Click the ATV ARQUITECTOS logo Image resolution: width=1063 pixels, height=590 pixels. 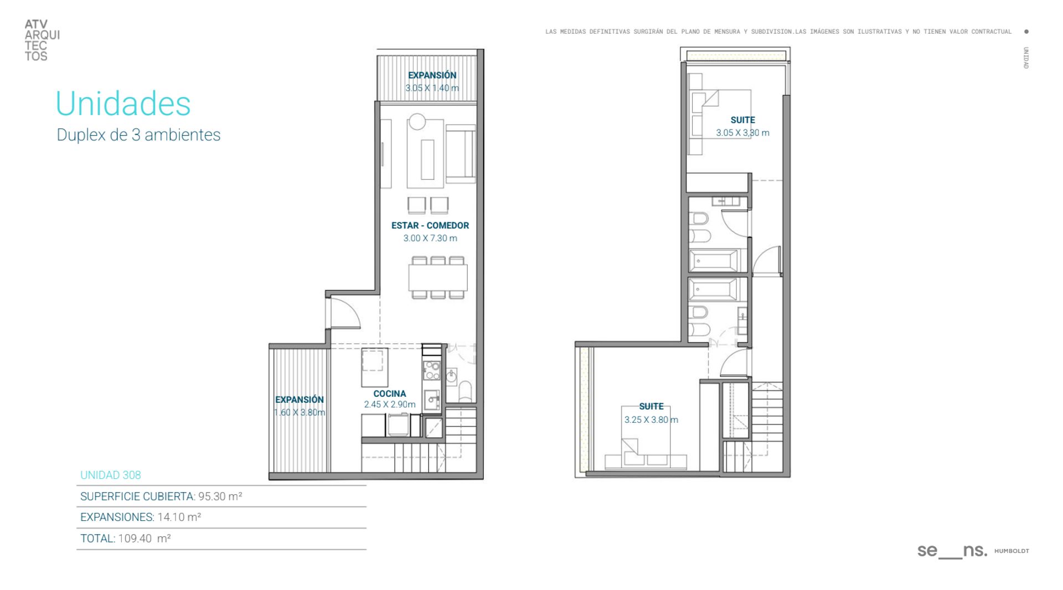(42, 40)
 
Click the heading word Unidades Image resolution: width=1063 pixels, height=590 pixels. (123, 103)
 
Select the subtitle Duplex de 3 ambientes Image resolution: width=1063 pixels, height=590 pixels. (138, 135)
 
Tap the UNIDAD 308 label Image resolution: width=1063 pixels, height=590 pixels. (111, 475)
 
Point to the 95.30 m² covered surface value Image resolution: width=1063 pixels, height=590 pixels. (220, 496)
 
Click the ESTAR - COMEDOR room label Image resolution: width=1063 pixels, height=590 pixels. (430, 225)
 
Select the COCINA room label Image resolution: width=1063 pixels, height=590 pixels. (389, 394)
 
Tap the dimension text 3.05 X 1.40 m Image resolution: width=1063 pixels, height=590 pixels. (432, 88)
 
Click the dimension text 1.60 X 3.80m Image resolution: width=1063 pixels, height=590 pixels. (300, 412)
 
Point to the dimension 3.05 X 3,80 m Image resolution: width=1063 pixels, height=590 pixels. (742, 133)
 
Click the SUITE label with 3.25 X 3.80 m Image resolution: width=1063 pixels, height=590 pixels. (651, 406)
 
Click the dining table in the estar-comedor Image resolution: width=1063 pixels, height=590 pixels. (438, 277)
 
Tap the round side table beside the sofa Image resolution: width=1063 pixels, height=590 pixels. (417, 121)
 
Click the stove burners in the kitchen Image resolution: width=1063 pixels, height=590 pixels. (431, 370)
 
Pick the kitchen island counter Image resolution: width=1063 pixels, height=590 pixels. (375, 368)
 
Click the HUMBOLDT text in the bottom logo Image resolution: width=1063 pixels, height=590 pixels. (1012, 551)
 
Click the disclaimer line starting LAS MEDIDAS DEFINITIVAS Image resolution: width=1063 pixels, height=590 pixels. (778, 32)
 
